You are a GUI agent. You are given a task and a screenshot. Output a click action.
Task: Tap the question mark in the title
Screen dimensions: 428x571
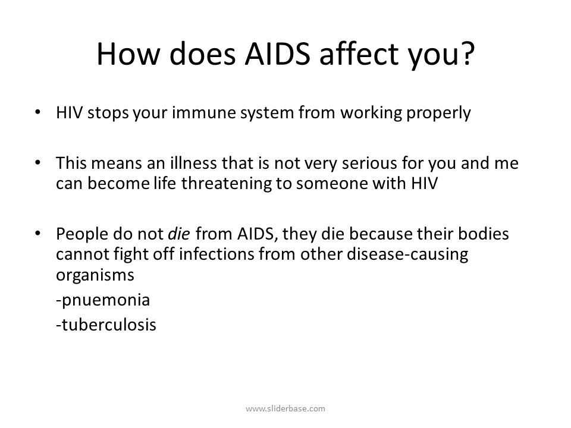click(466, 54)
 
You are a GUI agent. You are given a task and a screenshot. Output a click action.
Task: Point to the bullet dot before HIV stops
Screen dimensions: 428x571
click(39, 113)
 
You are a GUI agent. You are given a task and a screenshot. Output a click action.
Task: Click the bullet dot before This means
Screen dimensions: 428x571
click(39, 163)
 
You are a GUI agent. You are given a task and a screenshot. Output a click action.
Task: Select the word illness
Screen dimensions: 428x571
click(201, 163)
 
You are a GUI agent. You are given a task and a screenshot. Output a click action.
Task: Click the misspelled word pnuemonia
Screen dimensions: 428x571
click(103, 300)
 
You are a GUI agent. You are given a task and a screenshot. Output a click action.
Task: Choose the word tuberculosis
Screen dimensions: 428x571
click(107, 325)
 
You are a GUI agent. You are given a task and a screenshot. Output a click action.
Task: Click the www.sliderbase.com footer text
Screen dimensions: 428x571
click(285, 408)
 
